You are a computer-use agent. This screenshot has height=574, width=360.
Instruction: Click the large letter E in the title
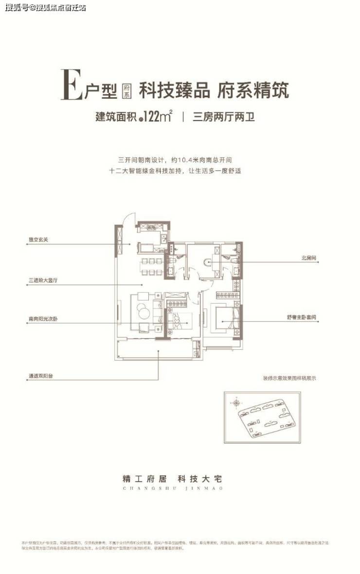72,85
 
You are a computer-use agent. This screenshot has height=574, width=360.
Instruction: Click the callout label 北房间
309,259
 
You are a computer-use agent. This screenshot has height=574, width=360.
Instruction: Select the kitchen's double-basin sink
150,227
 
